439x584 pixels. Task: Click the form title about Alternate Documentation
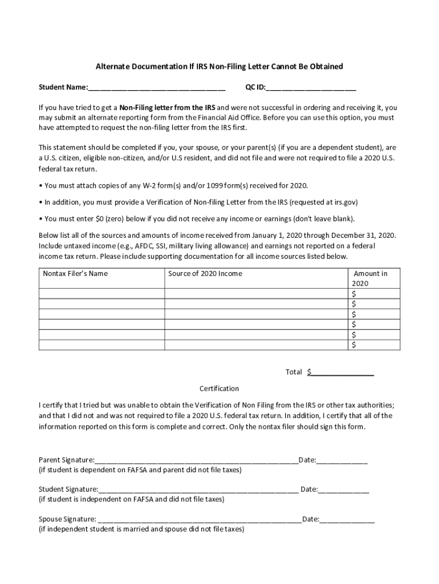tap(219, 67)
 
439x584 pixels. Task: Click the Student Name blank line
tap(157, 88)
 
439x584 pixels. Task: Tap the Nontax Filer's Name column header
tap(75, 274)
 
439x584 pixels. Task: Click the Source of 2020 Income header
tap(205, 274)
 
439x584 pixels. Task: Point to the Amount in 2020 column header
tap(370, 278)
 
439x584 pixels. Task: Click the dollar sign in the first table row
tap(355, 294)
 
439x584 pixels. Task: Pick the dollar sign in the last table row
tap(355, 345)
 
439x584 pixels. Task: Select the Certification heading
tap(219, 388)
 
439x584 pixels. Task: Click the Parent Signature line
tap(196, 460)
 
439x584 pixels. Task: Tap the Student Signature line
tap(198, 489)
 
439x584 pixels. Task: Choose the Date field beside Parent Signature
tap(342, 460)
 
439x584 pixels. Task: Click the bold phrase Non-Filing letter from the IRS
tap(167, 107)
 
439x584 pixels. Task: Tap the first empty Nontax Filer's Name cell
tap(101, 294)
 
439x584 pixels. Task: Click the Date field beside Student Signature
tap(343, 489)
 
